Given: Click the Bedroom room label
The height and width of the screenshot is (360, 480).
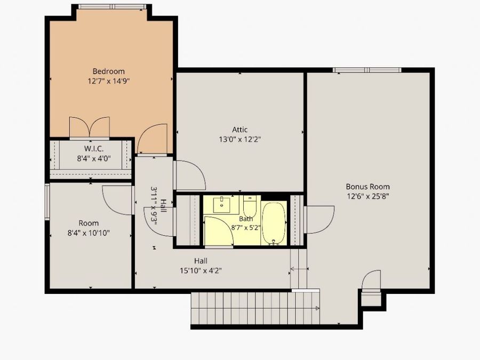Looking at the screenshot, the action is pyautogui.click(x=109, y=71).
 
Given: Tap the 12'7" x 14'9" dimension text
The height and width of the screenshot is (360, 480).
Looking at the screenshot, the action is pyautogui.click(x=109, y=81).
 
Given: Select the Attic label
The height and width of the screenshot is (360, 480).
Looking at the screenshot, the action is pyautogui.click(x=239, y=130).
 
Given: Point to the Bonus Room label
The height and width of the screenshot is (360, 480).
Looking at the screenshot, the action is pyautogui.click(x=367, y=187).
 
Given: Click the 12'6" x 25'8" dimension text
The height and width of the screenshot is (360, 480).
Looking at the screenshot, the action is pyautogui.click(x=367, y=196).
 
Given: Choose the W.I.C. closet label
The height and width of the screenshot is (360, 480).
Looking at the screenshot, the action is pyautogui.click(x=94, y=149).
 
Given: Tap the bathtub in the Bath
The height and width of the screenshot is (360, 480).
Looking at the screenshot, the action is pyautogui.click(x=274, y=223).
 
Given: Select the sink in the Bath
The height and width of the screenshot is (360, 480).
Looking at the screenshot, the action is pyautogui.click(x=222, y=205).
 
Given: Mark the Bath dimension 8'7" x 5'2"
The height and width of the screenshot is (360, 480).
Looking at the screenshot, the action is pyautogui.click(x=246, y=228).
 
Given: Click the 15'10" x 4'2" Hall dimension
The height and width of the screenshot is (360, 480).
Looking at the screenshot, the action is pyautogui.click(x=201, y=270).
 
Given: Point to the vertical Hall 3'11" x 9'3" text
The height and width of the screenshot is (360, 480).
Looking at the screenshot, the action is pyautogui.click(x=158, y=206).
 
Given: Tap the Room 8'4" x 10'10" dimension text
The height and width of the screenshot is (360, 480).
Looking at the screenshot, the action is pyautogui.click(x=89, y=233).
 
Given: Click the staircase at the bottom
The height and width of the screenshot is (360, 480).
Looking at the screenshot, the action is pyautogui.click(x=255, y=308).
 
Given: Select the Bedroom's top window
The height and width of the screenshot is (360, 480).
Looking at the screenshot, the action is pyautogui.click(x=111, y=6).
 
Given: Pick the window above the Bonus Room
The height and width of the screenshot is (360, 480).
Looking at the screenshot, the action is pyautogui.click(x=367, y=70).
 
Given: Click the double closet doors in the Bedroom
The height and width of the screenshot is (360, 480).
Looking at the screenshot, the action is pyautogui.click(x=90, y=127).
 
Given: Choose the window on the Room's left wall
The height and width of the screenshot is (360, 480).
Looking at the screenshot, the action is pyautogui.click(x=47, y=202).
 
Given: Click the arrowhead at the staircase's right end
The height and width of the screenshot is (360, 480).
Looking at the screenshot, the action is pyautogui.click(x=317, y=308).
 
